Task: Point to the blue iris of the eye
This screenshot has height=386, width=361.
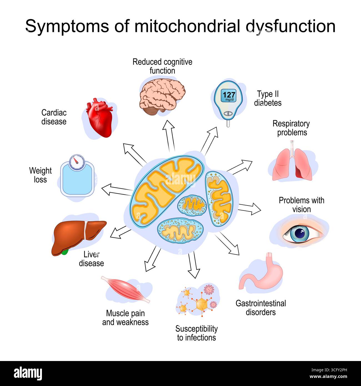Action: [300, 233]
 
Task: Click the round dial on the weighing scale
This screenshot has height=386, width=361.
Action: [77, 162]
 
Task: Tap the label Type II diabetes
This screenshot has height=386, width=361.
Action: [268, 99]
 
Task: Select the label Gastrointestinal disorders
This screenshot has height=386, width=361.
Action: [261, 308]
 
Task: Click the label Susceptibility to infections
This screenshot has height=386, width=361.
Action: [197, 333]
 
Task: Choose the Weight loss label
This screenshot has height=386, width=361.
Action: [41, 175]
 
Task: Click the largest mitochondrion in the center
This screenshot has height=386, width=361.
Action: [167, 189]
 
